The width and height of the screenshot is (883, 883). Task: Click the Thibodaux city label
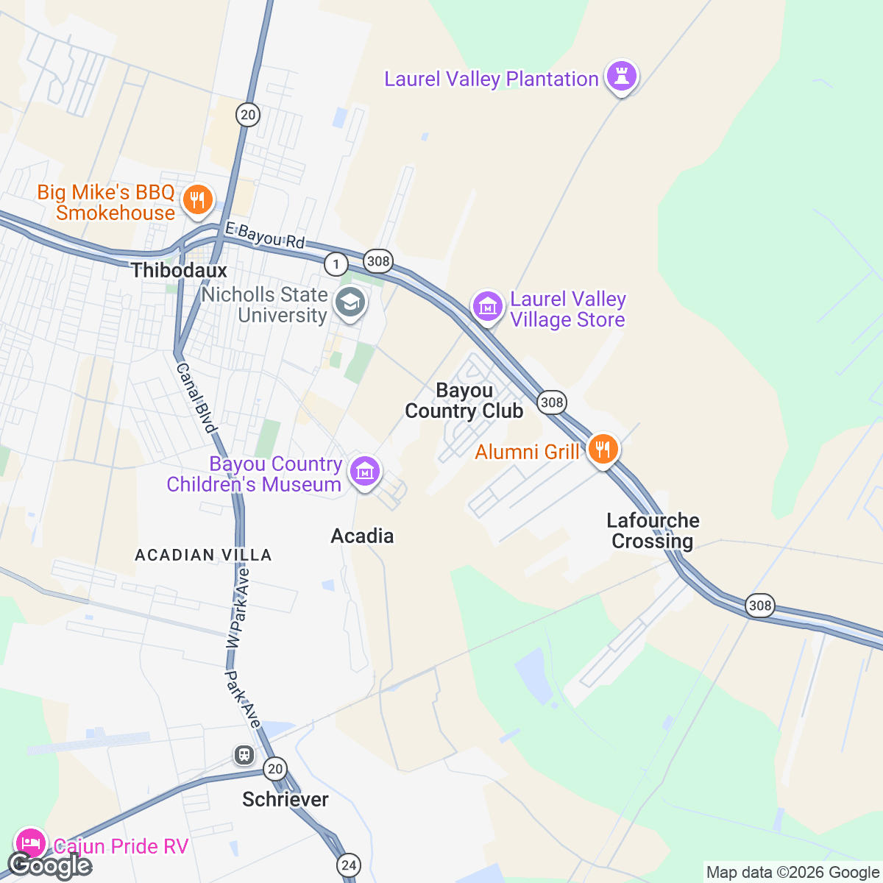(179, 270)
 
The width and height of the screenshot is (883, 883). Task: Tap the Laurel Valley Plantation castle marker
(622, 77)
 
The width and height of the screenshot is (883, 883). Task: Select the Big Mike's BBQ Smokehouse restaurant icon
(197, 200)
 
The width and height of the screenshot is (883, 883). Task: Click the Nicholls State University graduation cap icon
(350, 303)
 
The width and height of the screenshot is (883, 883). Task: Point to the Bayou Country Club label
(464, 400)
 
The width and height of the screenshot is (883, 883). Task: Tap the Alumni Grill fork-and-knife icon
(603, 448)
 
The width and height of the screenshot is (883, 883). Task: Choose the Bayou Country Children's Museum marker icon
(365, 471)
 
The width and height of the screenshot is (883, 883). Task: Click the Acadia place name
(362, 536)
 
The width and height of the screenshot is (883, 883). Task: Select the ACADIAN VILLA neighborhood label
(203, 555)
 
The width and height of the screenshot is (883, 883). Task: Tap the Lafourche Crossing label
(653, 531)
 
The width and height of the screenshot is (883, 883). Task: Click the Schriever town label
(286, 799)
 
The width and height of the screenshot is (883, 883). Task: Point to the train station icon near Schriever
(244, 755)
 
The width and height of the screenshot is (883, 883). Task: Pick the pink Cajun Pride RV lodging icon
(30, 843)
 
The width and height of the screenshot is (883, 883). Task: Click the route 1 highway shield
(336, 263)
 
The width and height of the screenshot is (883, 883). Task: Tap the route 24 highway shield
(349, 864)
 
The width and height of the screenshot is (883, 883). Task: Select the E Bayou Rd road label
(265, 236)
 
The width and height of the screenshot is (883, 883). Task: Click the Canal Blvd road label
(197, 398)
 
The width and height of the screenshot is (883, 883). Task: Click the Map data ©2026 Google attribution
(792, 873)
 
